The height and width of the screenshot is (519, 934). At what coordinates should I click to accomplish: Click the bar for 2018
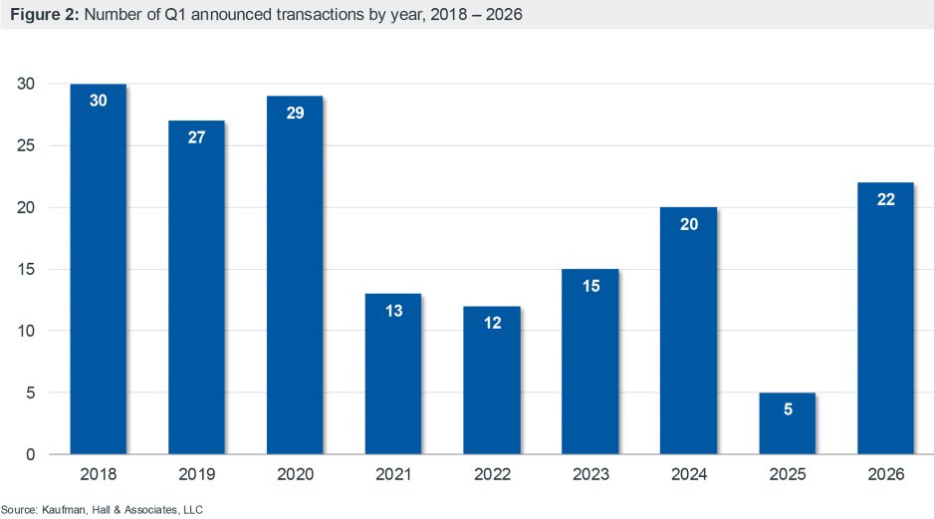(x=98, y=269)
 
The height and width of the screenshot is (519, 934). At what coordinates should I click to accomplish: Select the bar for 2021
(x=392, y=374)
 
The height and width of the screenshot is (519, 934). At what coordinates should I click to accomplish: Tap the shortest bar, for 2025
(x=787, y=423)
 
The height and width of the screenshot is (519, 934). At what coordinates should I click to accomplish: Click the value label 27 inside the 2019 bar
(x=196, y=137)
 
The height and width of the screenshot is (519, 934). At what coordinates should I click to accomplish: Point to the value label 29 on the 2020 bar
(x=294, y=113)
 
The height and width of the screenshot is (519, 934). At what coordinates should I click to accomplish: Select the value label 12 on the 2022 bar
(x=491, y=324)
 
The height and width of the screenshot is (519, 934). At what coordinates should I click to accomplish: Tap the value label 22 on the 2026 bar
(x=885, y=199)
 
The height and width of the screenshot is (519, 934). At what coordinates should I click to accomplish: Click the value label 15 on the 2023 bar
(x=589, y=286)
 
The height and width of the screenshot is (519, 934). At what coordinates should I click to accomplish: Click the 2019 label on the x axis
(x=196, y=475)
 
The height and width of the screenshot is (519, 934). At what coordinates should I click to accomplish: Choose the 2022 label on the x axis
(x=491, y=475)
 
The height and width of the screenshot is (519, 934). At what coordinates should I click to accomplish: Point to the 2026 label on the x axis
(x=885, y=475)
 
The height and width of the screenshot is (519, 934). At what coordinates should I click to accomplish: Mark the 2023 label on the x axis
(x=589, y=475)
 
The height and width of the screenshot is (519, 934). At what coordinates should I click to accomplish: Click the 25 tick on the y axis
(x=27, y=146)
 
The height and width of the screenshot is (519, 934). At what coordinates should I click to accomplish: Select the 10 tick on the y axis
(x=27, y=332)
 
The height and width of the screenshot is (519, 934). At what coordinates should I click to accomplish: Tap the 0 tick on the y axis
(x=31, y=455)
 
